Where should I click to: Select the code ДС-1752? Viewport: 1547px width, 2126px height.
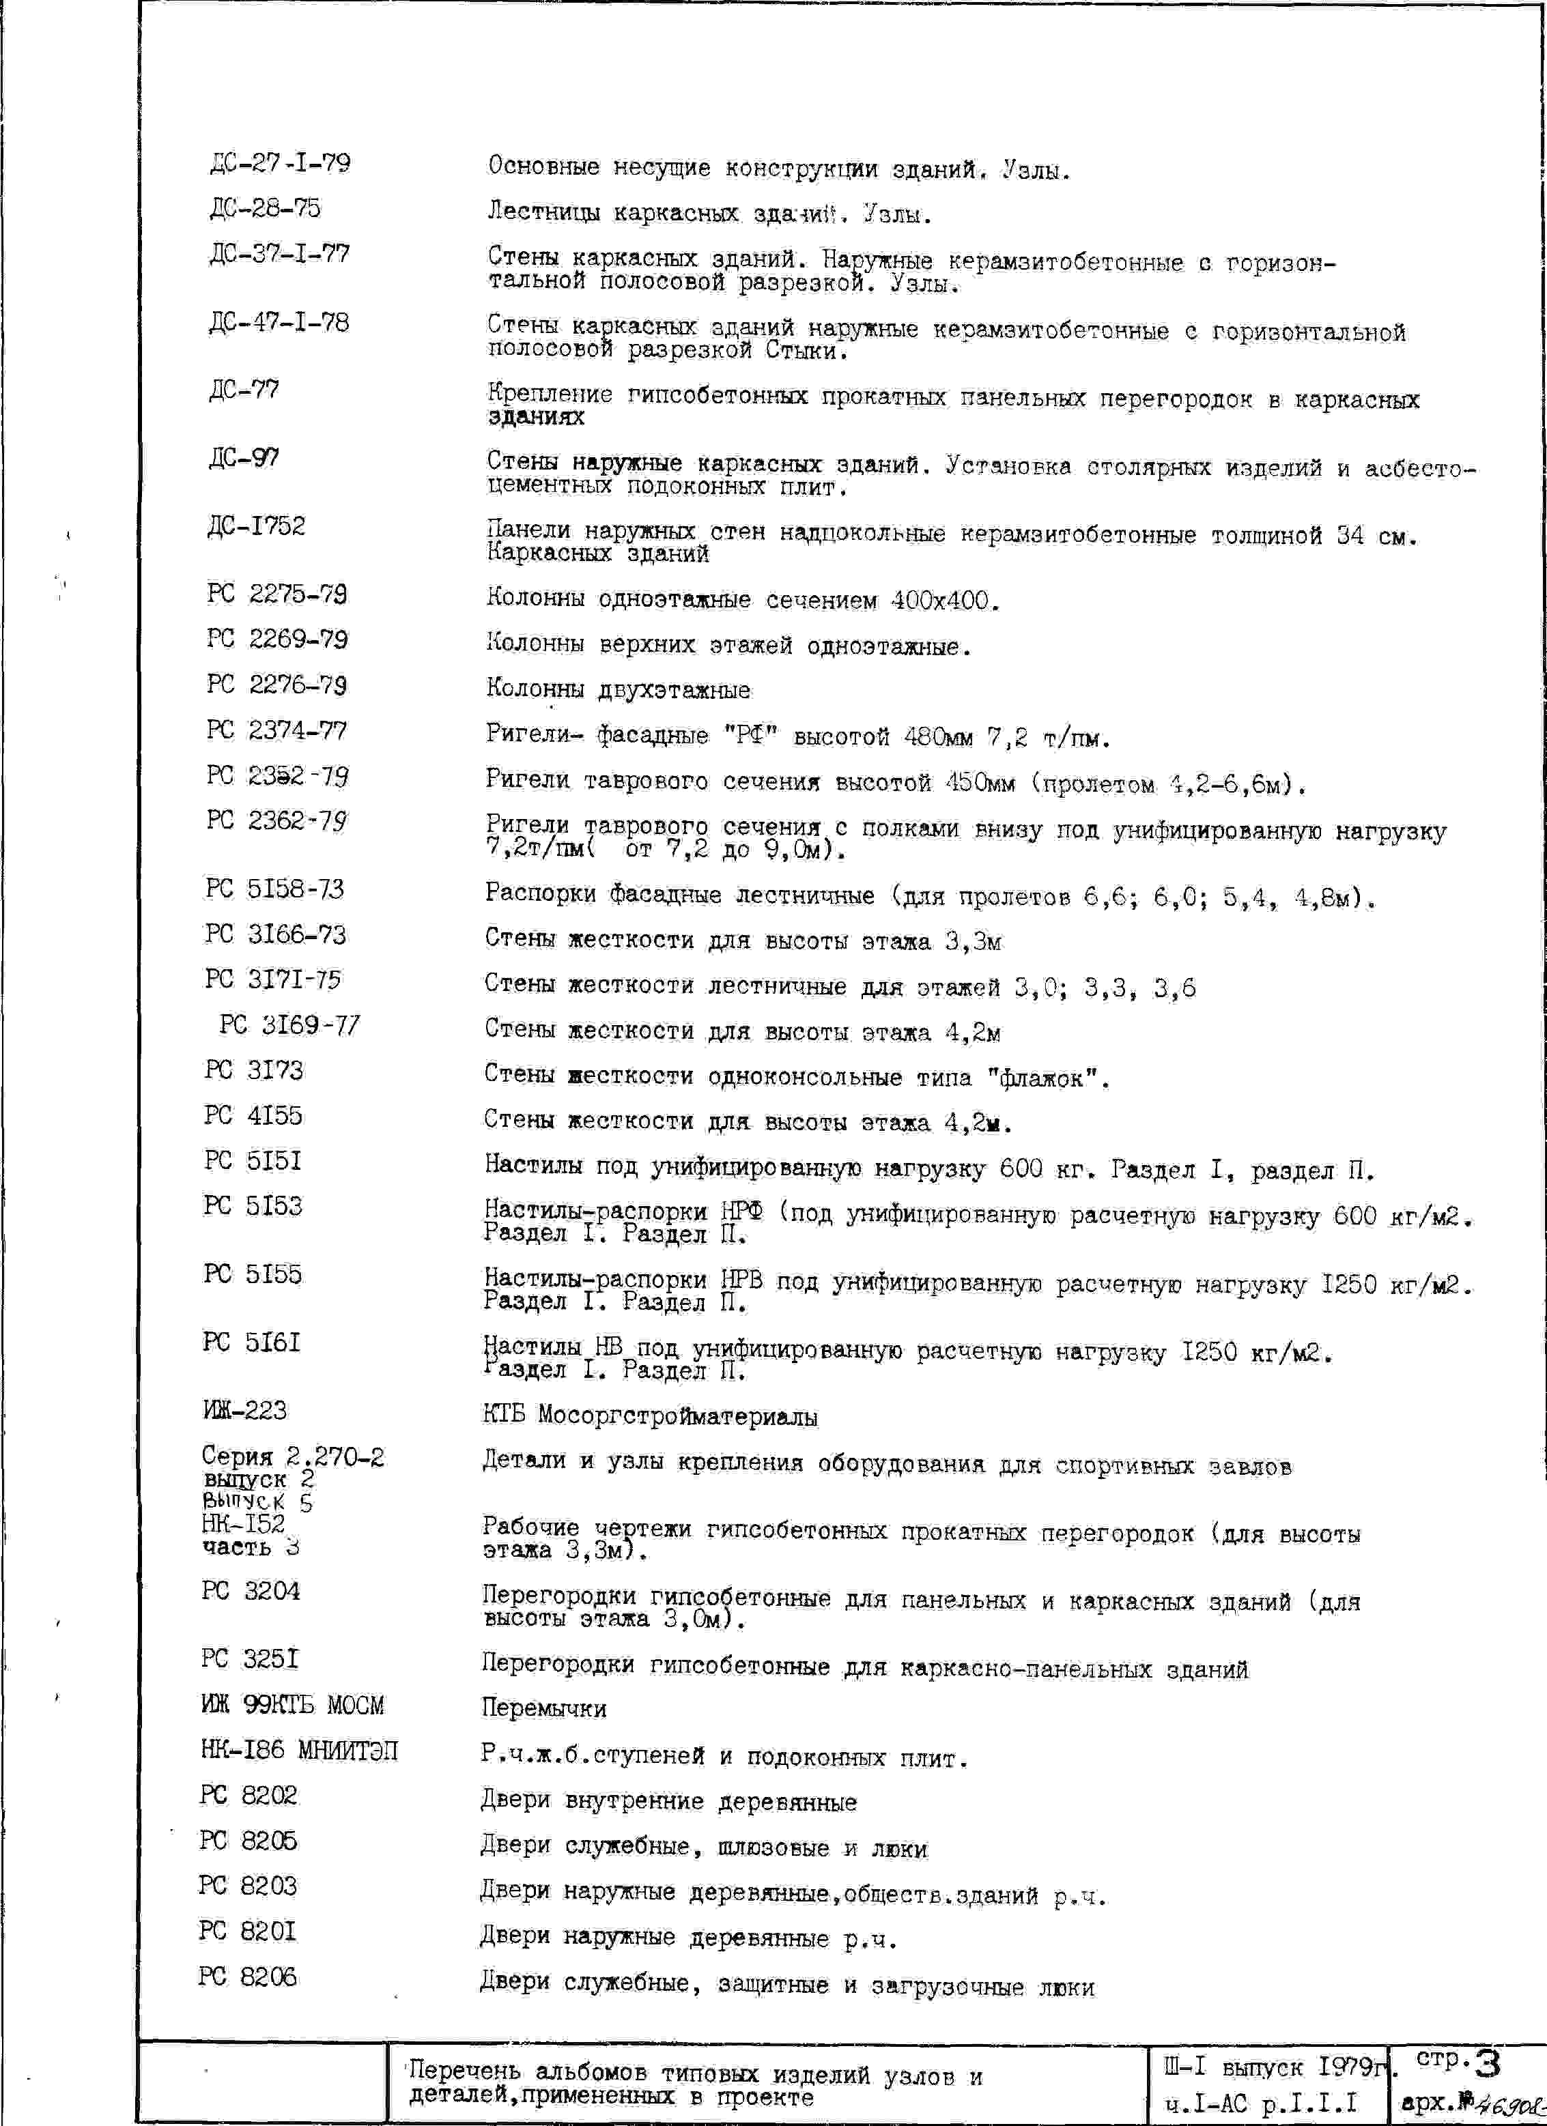(256, 526)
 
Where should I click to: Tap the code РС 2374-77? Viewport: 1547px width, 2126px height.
(276, 730)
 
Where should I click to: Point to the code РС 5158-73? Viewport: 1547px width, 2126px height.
(274, 889)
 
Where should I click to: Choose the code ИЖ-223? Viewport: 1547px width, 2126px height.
(244, 1411)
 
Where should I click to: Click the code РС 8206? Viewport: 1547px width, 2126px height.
(248, 1978)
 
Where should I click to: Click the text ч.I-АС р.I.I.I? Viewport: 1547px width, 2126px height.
(1261, 2104)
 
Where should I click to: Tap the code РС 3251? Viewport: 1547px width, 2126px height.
(249, 1659)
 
